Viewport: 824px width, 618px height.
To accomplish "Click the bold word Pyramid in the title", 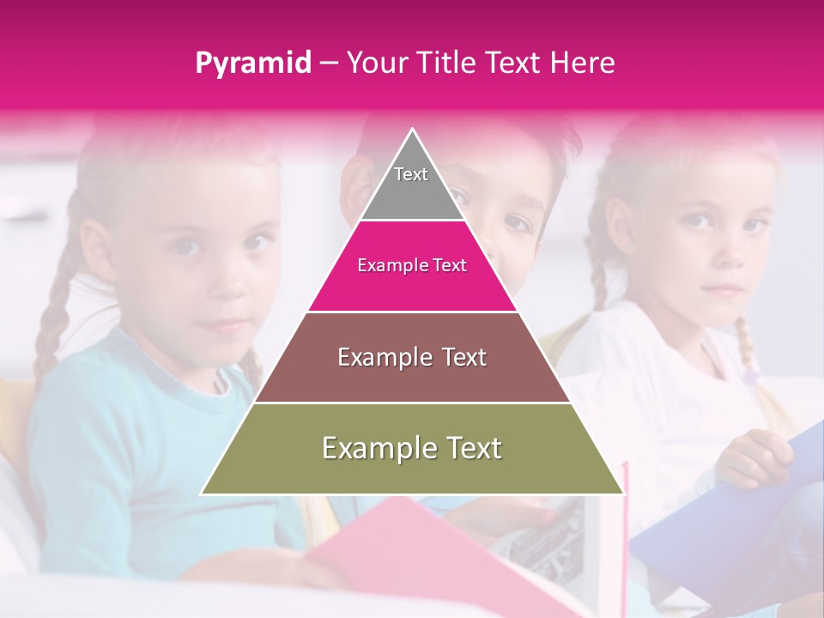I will (253, 64).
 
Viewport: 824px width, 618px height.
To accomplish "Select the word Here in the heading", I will (583, 64).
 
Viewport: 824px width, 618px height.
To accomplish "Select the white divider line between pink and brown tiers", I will (412, 312).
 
